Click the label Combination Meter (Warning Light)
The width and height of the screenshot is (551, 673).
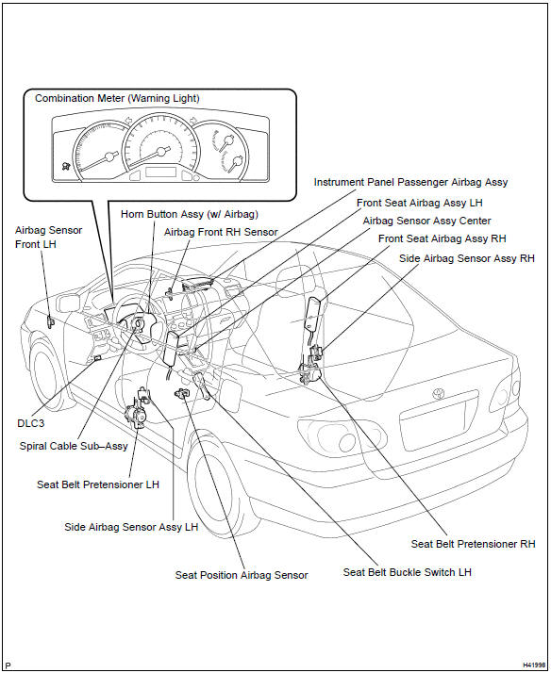tap(117, 98)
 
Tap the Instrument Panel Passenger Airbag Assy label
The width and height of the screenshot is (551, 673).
tap(410, 182)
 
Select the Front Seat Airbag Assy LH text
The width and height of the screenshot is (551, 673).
tap(420, 203)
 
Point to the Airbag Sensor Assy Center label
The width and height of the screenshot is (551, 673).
tap(426, 221)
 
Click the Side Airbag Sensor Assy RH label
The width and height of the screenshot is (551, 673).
tap(467, 258)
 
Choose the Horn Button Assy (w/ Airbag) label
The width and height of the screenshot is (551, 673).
tap(190, 214)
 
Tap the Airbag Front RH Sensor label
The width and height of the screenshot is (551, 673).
tap(221, 232)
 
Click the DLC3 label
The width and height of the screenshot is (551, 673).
tap(30, 423)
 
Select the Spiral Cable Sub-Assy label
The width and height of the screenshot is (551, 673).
tap(74, 446)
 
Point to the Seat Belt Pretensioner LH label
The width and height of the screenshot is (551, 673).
tap(98, 484)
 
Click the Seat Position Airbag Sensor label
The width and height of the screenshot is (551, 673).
tap(242, 575)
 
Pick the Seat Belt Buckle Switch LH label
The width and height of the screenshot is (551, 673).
tap(408, 572)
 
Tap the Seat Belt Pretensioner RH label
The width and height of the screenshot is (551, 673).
tap(474, 544)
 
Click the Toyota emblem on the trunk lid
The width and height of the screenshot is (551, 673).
tap(439, 393)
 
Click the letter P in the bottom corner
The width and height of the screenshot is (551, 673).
tap(8, 665)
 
